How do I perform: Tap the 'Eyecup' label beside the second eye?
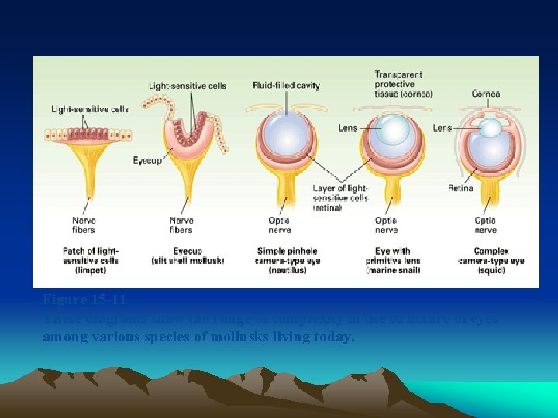point(147,160)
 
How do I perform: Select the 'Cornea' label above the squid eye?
point(486,94)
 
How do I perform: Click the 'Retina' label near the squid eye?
point(460,188)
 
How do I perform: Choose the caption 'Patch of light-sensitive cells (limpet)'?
point(90,260)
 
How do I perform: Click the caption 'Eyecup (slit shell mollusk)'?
point(187,256)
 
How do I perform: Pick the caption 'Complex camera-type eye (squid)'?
point(491,260)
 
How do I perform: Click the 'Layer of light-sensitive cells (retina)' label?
point(340,197)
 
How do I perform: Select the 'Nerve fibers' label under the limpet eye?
point(83,224)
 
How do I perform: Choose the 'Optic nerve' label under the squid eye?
point(485,224)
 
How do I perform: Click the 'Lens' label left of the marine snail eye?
point(348,128)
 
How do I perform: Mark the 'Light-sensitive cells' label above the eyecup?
point(188,85)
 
